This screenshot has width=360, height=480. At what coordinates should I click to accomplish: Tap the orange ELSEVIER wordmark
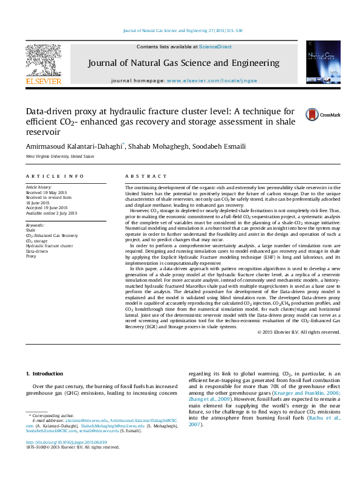43,80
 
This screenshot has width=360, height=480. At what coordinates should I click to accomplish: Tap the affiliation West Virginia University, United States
60,157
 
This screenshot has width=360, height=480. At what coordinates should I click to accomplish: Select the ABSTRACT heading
145,176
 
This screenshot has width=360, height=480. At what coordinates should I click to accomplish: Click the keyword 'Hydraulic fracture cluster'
49,246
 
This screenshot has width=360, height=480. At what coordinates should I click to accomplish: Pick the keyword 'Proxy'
31,256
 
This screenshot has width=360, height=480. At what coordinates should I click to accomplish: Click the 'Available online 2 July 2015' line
51,213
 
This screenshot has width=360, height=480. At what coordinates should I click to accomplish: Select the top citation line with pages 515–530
182,30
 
